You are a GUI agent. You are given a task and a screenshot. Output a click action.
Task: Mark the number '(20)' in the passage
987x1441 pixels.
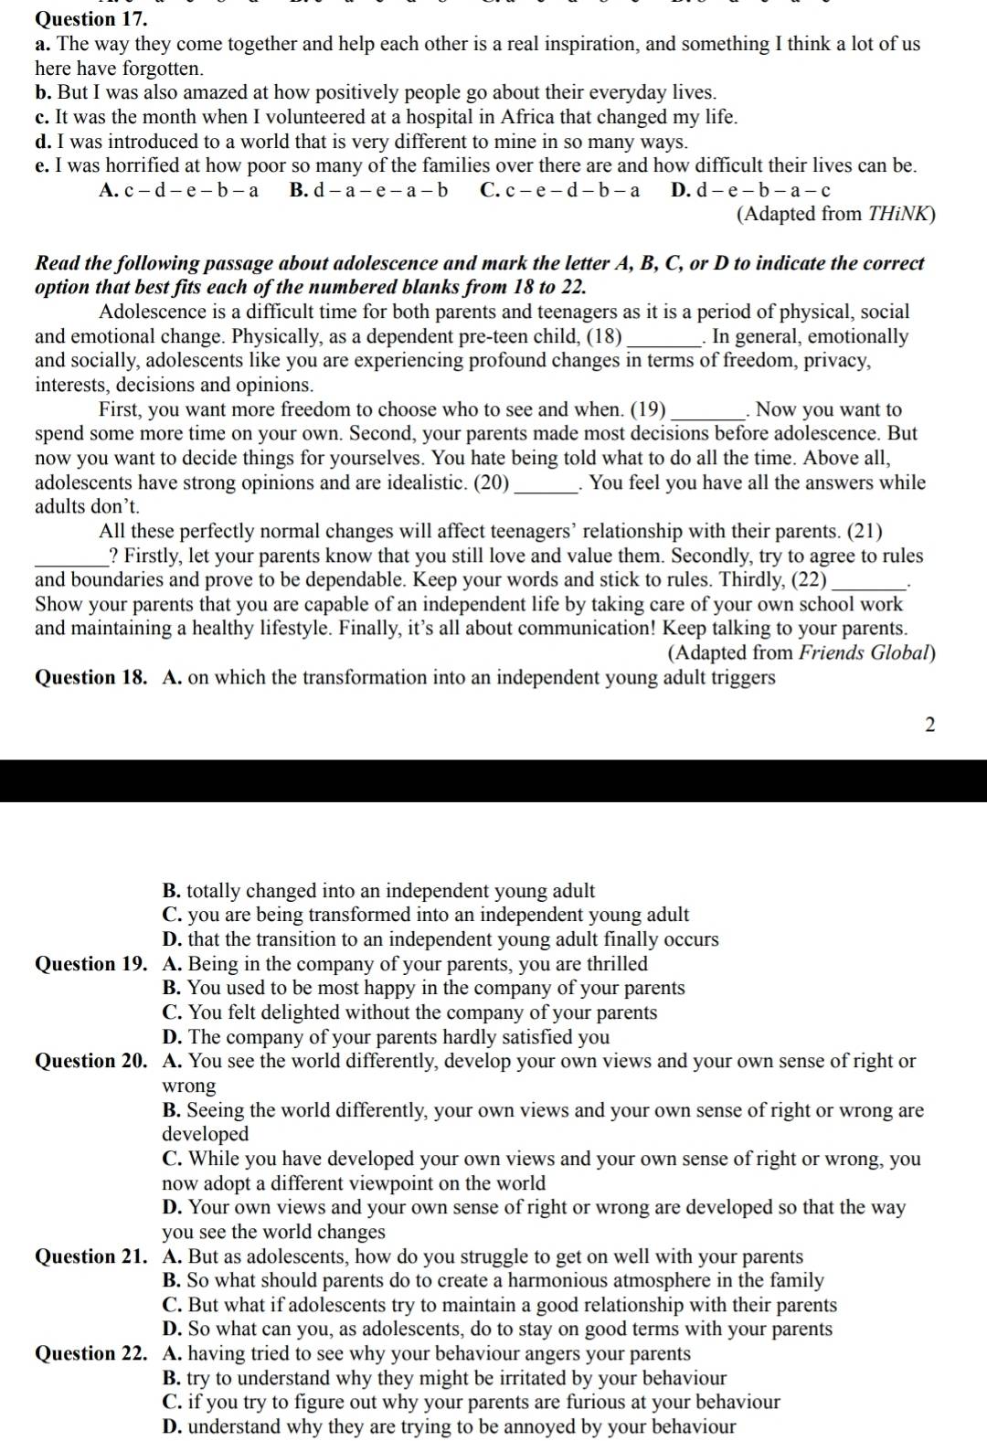click(492, 482)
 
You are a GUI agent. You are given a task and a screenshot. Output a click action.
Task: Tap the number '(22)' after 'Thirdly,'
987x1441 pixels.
click(809, 579)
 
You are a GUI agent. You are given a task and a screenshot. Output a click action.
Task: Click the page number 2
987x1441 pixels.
click(929, 725)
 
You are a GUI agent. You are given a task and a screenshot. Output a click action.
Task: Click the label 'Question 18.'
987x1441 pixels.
click(91, 677)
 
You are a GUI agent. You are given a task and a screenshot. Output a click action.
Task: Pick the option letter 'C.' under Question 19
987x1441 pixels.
click(173, 1012)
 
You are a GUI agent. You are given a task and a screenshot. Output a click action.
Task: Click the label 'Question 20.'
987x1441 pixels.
click(91, 1061)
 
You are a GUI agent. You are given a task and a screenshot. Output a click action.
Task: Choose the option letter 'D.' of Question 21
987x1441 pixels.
click(173, 1329)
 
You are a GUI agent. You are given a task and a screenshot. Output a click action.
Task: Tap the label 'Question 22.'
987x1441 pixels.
click(91, 1353)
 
